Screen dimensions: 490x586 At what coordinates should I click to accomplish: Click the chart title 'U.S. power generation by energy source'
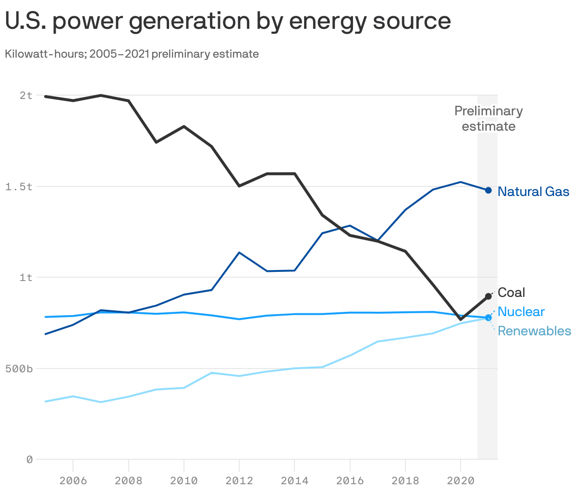tap(228, 21)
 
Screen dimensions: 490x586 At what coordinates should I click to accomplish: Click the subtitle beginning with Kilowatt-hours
tap(132, 54)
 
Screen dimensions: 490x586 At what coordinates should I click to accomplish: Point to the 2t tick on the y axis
tap(26, 95)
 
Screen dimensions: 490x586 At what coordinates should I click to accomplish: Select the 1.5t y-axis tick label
tap(19, 186)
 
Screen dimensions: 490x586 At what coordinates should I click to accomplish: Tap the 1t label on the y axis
tap(26, 277)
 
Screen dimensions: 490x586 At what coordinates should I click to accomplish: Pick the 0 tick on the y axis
tap(29, 460)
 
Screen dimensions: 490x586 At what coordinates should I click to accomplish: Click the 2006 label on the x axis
tap(73, 480)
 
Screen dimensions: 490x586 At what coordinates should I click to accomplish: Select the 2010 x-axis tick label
tap(184, 480)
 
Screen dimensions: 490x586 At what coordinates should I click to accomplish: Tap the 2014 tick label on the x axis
tap(294, 480)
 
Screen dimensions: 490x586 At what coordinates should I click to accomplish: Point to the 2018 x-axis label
tap(405, 480)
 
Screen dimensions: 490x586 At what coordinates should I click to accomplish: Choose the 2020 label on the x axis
tap(461, 480)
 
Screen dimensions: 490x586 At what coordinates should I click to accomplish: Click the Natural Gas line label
tap(533, 192)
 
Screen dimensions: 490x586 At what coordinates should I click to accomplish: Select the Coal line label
tap(511, 293)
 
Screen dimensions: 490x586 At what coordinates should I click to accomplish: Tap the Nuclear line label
tap(521, 312)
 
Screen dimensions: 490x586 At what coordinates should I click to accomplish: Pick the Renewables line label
tap(534, 331)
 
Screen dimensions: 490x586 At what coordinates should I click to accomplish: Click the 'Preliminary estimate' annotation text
tap(488, 119)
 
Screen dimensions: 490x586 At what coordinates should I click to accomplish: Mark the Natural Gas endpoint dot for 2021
tap(488, 190)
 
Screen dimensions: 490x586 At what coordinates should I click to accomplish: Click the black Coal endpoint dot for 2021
tap(488, 296)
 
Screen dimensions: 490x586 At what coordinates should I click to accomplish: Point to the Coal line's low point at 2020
tap(461, 319)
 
